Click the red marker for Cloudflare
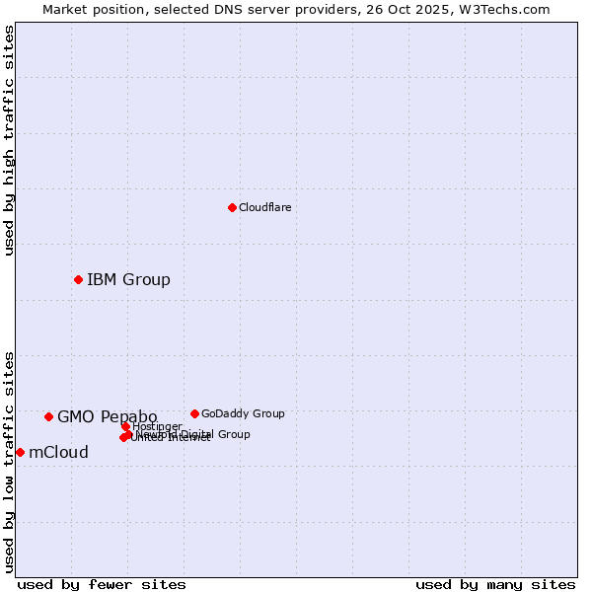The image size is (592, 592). tap(232, 207)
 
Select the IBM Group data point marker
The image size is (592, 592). tap(78, 279)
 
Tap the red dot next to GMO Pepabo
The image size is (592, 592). tap(48, 416)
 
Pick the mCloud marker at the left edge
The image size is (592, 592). tap(20, 452)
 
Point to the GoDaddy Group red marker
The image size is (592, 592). tap(194, 413)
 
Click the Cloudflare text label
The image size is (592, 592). tap(264, 207)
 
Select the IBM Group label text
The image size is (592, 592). tap(128, 279)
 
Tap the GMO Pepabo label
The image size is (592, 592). tap(107, 416)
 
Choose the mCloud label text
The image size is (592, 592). tap(58, 452)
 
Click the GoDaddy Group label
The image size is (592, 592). tap(243, 413)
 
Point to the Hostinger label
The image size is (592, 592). tap(158, 426)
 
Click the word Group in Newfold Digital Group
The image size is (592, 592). tap(234, 434)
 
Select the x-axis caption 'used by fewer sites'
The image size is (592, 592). tap(102, 584)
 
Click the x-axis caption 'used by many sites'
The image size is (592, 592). tap(495, 584)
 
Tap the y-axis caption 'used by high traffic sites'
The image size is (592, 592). tap(10, 140)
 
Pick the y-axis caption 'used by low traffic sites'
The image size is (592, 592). tap(10, 461)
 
